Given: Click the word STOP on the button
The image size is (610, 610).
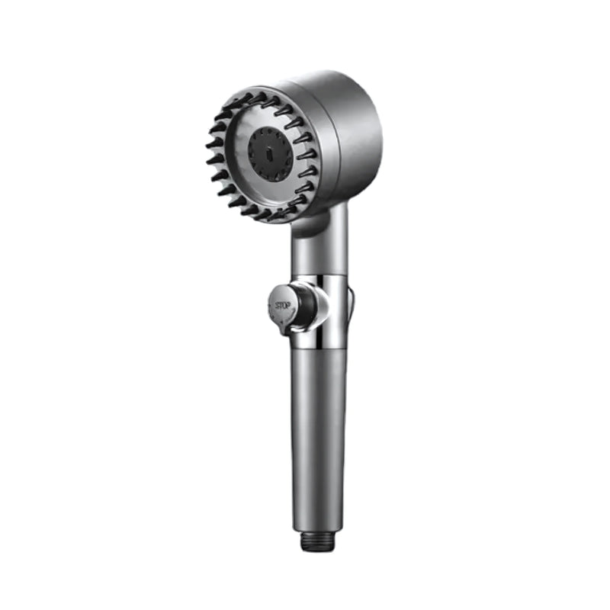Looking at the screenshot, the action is (x=278, y=307).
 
